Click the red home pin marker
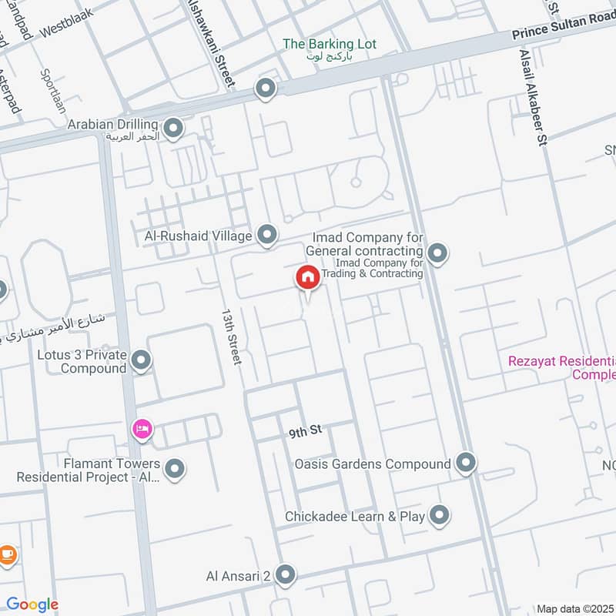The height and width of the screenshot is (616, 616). (307, 278)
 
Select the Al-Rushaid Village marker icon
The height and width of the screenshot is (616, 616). (267, 234)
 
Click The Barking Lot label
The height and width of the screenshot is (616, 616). (330, 44)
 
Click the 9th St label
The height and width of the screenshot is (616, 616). (304, 432)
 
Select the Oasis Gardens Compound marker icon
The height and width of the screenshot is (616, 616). (465, 463)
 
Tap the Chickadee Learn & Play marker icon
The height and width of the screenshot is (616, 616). (439, 515)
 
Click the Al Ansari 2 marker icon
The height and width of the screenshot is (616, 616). (285, 574)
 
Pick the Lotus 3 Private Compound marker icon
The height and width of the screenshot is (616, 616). (141, 360)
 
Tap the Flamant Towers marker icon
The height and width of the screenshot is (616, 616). (175, 467)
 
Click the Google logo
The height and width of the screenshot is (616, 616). (32, 604)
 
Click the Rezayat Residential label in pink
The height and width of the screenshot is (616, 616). (563, 367)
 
